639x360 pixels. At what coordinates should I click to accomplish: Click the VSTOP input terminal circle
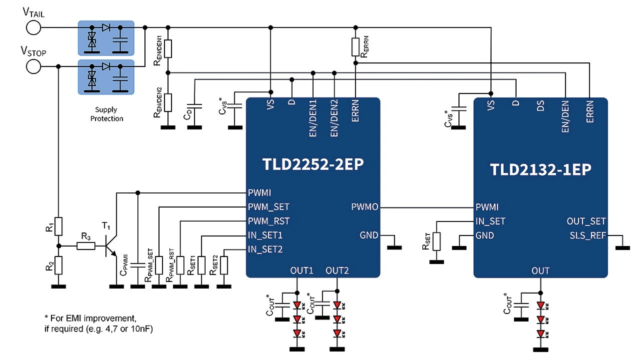click(x=33, y=66)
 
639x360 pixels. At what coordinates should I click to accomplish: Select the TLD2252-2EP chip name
click(x=313, y=165)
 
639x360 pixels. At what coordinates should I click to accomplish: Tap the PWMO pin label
click(x=364, y=207)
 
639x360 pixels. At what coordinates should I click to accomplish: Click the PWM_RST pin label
click(x=269, y=221)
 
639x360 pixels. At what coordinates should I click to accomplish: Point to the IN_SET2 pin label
click(x=265, y=249)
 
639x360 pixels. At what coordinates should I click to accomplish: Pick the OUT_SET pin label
click(x=586, y=221)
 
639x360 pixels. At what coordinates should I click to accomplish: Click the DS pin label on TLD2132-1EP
click(x=540, y=107)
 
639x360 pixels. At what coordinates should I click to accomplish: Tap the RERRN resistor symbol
click(x=355, y=46)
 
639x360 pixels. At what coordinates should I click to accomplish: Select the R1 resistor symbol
click(x=58, y=226)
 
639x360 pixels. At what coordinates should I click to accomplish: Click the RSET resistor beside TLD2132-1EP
click(x=437, y=242)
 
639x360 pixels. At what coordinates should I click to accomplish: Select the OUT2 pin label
click(x=337, y=271)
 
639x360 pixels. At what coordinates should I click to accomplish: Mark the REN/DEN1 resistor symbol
click(x=168, y=48)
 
